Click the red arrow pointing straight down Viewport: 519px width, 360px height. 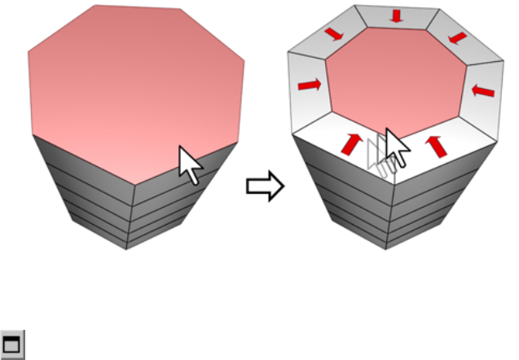(x=397, y=16)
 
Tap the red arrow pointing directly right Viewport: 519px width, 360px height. (x=309, y=84)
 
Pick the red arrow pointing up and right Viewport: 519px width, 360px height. (x=351, y=143)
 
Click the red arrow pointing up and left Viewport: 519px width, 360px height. (x=437, y=145)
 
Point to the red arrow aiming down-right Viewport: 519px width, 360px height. (x=334, y=33)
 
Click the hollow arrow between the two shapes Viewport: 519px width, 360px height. (x=265, y=187)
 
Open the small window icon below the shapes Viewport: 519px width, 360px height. (x=12, y=345)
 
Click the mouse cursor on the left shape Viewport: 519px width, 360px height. (x=191, y=165)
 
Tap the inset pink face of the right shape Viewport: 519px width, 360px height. (x=396, y=81)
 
